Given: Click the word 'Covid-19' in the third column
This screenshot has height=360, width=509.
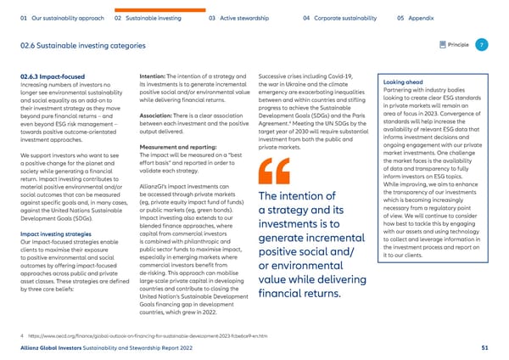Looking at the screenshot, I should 338,77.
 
